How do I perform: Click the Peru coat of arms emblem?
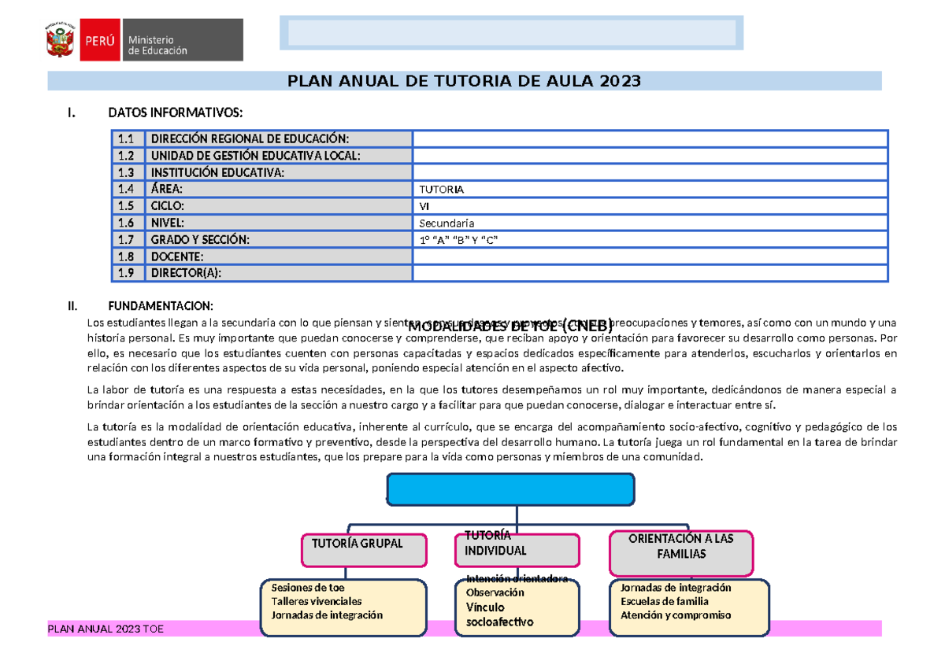[x=61, y=39]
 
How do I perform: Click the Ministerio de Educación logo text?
[x=157, y=46]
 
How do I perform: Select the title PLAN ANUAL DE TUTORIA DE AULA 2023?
[x=464, y=81]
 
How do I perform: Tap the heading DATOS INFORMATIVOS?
[x=170, y=113]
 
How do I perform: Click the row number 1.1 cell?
[x=127, y=139]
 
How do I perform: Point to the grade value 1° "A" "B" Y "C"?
[x=458, y=239]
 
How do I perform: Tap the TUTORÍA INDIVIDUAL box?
[x=517, y=548]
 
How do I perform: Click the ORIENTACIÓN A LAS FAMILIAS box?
[x=681, y=552]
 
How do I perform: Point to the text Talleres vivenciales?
[x=317, y=601]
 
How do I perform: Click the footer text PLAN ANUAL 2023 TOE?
[x=106, y=629]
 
